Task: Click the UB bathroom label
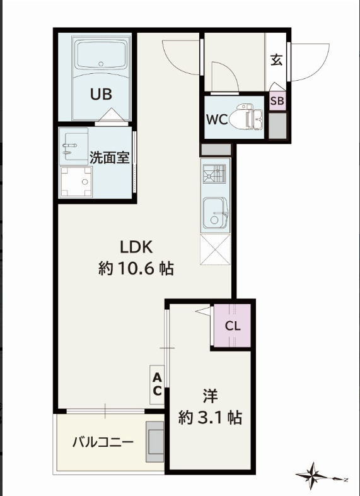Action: [x=101, y=94]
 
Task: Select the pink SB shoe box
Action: [x=277, y=101]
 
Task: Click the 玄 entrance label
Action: [x=276, y=60]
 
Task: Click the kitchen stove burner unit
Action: [x=214, y=174]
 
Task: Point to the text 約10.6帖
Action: [x=136, y=269]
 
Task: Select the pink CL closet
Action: [x=232, y=326]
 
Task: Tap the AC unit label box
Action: [x=157, y=384]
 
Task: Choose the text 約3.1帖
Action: [x=211, y=417]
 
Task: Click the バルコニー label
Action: [x=102, y=442]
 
